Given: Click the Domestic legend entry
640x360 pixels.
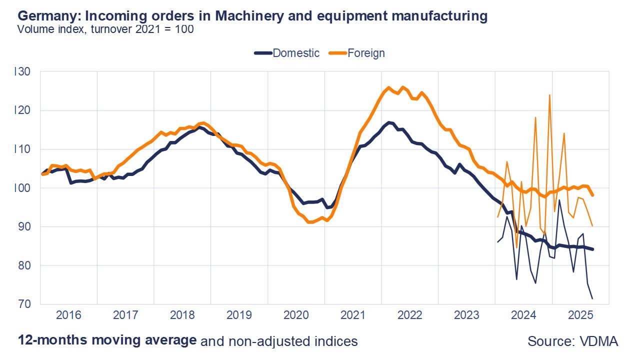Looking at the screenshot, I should tap(295, 53).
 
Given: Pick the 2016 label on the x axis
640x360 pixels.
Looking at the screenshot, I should tap(68, 316).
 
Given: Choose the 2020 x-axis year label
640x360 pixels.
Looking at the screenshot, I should tap(296, 316).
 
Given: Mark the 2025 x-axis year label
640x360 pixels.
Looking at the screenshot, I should tap(580, 316).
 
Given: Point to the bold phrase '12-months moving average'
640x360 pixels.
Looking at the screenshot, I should tap(107, 340).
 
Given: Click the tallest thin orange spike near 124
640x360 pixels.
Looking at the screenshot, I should tap(549, 95).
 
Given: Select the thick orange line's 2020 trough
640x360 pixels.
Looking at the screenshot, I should tap(310, 222).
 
